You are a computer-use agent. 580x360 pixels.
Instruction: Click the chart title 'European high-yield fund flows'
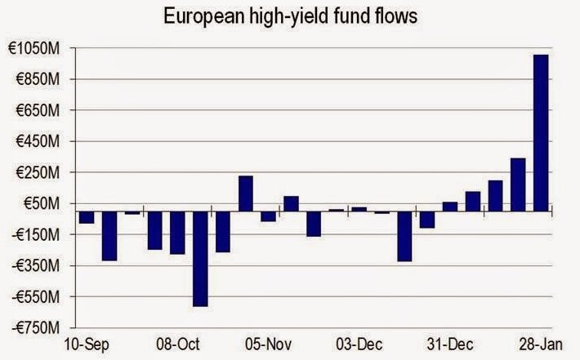(x=290, y=16)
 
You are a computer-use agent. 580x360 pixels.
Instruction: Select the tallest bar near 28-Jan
(x=540, y=133)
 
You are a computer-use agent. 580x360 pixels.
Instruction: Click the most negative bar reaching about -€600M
(x=199, y=259)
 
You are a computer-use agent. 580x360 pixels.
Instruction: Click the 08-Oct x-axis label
(x=177, y=344)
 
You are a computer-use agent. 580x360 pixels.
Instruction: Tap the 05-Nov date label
(x=268, y=344)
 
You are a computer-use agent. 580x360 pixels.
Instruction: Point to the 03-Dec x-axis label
(x=359, y=344)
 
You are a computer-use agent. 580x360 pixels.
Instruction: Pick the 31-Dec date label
(x=450, y=344)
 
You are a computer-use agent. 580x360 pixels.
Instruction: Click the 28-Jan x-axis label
(x=541, y=344)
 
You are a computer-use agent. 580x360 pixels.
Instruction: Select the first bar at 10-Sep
(x=86, y=217)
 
